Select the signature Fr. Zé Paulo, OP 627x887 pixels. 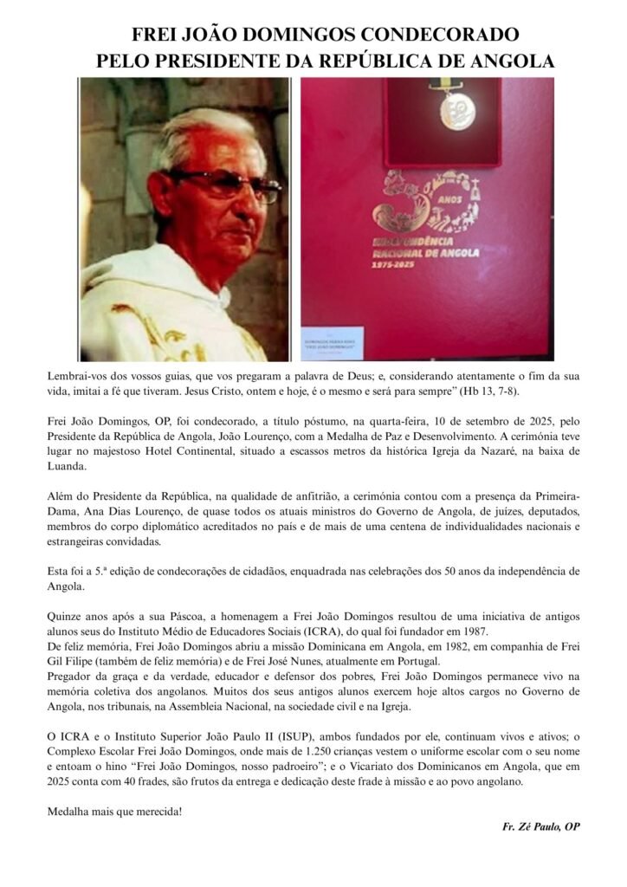[541, 826]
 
